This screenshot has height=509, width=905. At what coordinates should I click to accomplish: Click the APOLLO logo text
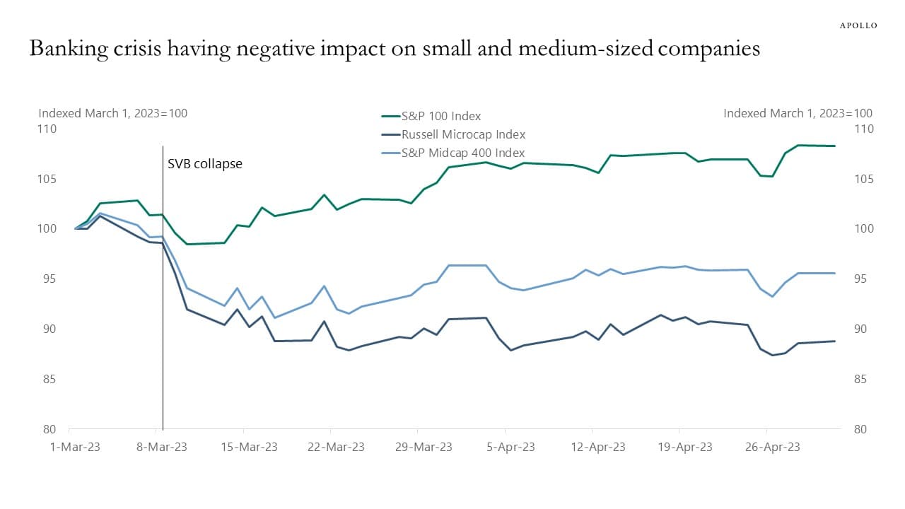(x=858, y=25)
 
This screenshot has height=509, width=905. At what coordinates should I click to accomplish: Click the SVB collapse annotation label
(x=204, y=164)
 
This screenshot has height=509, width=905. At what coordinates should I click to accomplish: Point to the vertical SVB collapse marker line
(x=163, y=297)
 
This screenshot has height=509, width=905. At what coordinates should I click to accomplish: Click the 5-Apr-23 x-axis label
(x=505, y=447)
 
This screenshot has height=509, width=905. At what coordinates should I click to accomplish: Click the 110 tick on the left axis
(x=48, y=129)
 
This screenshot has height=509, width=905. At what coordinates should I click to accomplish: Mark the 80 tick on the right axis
(x=863, y=429)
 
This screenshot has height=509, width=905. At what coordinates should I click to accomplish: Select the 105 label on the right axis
(x=863, y=180)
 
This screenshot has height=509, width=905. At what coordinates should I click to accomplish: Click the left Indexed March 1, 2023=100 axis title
(x=112, y=113)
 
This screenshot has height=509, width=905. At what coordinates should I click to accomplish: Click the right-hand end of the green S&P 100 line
(x=835, y=146)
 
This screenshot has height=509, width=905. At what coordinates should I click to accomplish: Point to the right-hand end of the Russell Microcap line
(x=835, y=341)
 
